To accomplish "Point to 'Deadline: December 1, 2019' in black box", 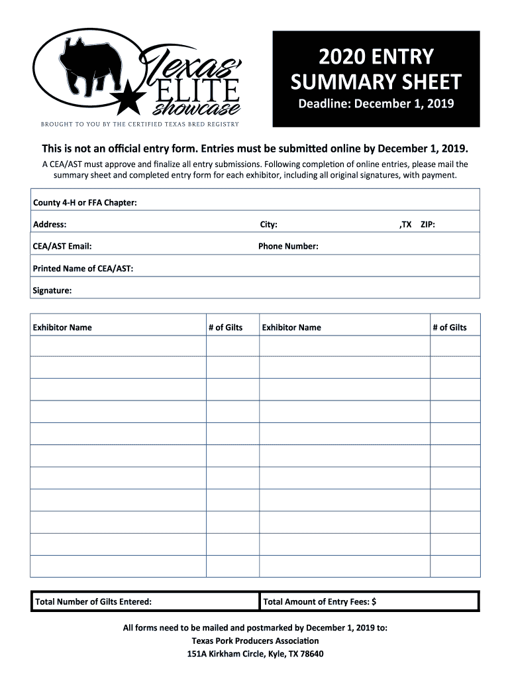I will tap(376, 105).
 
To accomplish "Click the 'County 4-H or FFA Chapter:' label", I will tap(85, 202).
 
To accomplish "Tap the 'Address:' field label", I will tap(50, 225).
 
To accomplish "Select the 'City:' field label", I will tap(268, 225).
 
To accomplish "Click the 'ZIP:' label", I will tap(428, 225).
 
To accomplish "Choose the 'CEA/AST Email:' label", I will tap(62, 247).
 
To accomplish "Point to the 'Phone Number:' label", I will tap(288, 247).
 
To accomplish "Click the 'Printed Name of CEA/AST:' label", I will tap(83, 269).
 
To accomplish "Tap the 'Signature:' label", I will tap(52, 290).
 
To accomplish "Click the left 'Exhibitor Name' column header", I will tap(62, 328).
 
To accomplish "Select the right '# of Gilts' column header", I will tap(450, 328).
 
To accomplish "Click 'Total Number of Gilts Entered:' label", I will tap(93, 602).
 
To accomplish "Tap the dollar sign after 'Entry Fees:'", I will tap(374, 602).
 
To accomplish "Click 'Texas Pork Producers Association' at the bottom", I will tap(255, 641).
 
